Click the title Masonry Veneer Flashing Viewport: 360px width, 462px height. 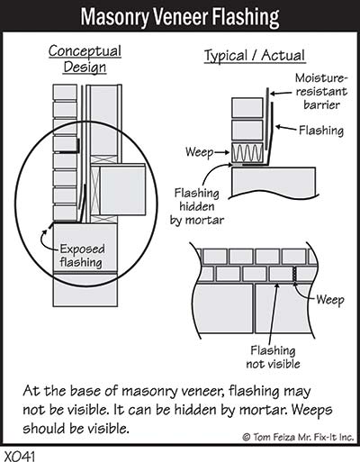(x=180, y=17)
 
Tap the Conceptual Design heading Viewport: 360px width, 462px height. (x=85, y=59)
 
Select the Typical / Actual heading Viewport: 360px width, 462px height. (x=255, y=56)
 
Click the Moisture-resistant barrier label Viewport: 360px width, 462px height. (x=321, y=91)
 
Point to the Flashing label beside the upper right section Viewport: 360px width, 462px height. (x=321, y=131)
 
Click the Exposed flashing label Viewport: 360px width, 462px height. (x=82, y=256)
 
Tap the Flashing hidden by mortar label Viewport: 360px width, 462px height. (x=197, y=206)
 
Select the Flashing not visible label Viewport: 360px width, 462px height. (x=273, y=357)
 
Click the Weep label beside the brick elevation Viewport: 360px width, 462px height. (x=330, y=300)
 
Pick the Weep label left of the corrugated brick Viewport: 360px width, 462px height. (x=199, y=152)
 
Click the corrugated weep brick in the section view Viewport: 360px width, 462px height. (x=247, y=152)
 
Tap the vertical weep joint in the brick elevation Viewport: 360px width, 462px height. (x=295, y=275)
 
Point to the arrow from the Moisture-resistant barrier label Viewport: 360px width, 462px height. (x=281, y=94)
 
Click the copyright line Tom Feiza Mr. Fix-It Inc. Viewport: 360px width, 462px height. (x=298, y=437)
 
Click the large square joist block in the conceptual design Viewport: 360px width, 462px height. (x=122, y=190)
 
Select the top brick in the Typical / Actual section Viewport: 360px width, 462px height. (x=247, y=108)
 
